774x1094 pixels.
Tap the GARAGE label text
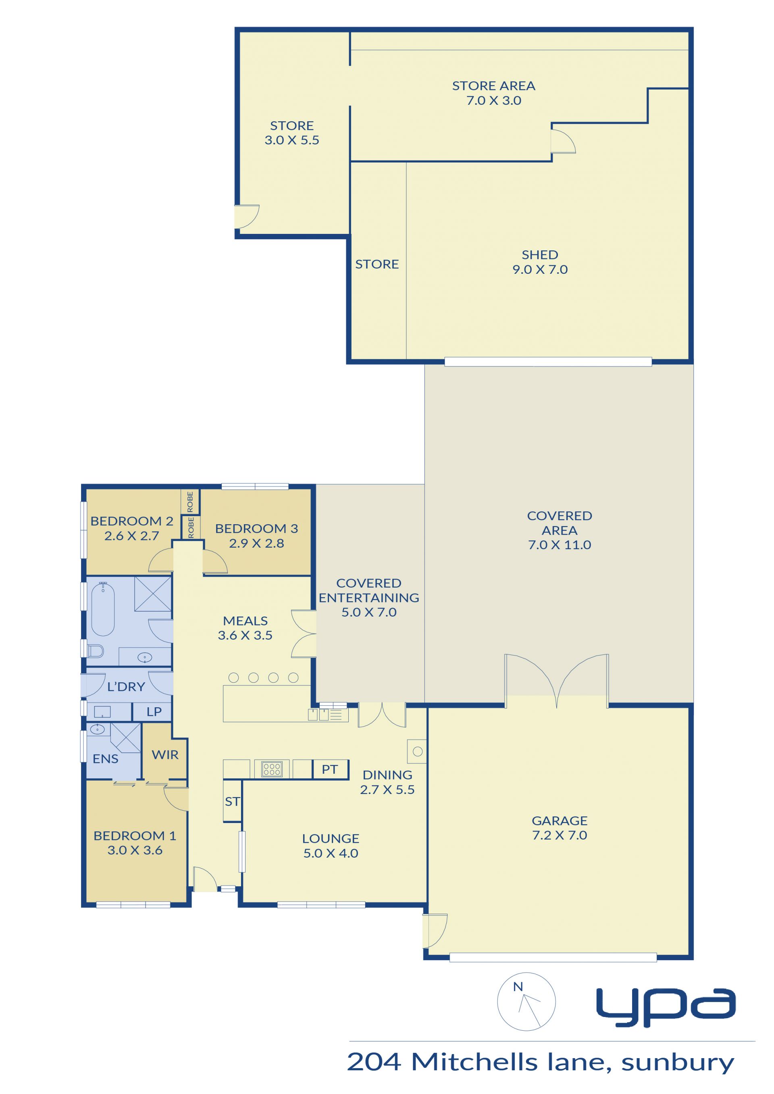pyautogui.click(x=560, y=821)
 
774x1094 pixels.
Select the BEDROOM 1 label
pyautogui.click(x=135, y=836)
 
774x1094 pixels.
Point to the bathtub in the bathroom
pyautogui.click(x=103, y=609)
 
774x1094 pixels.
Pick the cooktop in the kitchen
pyautogui.click(x=272, y=769)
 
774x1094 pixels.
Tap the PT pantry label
pyautogui.click(x=329, y=769)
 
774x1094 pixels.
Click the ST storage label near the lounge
pyautogui.click(x=232, y=802)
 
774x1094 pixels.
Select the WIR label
pyautogui.click(x=165, y=754)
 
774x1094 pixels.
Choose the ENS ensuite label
pyautogui.click(x=105, y=759)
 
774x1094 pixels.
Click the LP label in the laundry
pyautogui.click(x=154, y=712)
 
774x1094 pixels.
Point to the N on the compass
pyautogui.click(x=518, y=987)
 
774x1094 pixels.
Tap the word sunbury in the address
pyautogui.click(x=678, y=1063)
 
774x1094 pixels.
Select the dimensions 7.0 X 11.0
pyautogui.click(x=560, y=545)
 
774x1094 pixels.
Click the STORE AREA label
pyautogui.click(x=494, y=86)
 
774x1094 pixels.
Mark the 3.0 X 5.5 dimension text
pyautogui.click(x=292, y=140)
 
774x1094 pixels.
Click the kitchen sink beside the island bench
pyautogui.click(x=318, y=714)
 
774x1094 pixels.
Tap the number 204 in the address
pyautogui.click(x=374, y=1063)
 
